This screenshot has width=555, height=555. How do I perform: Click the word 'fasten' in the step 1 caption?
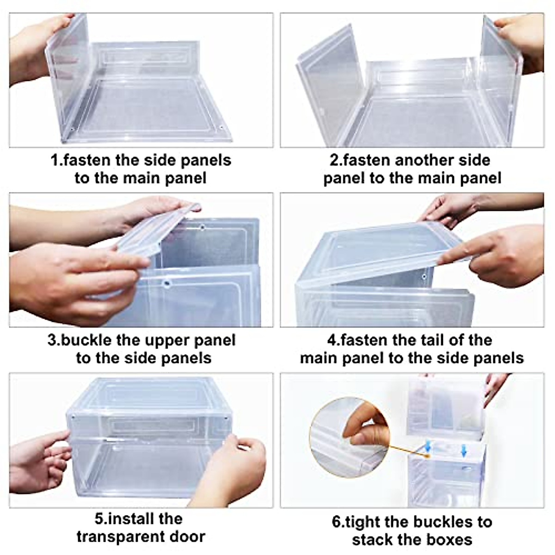[87, 160]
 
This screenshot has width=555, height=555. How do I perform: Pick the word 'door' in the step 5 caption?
[186, 536]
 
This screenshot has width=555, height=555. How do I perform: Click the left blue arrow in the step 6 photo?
[428, 446]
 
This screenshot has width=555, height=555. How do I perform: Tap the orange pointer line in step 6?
[407, 451]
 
